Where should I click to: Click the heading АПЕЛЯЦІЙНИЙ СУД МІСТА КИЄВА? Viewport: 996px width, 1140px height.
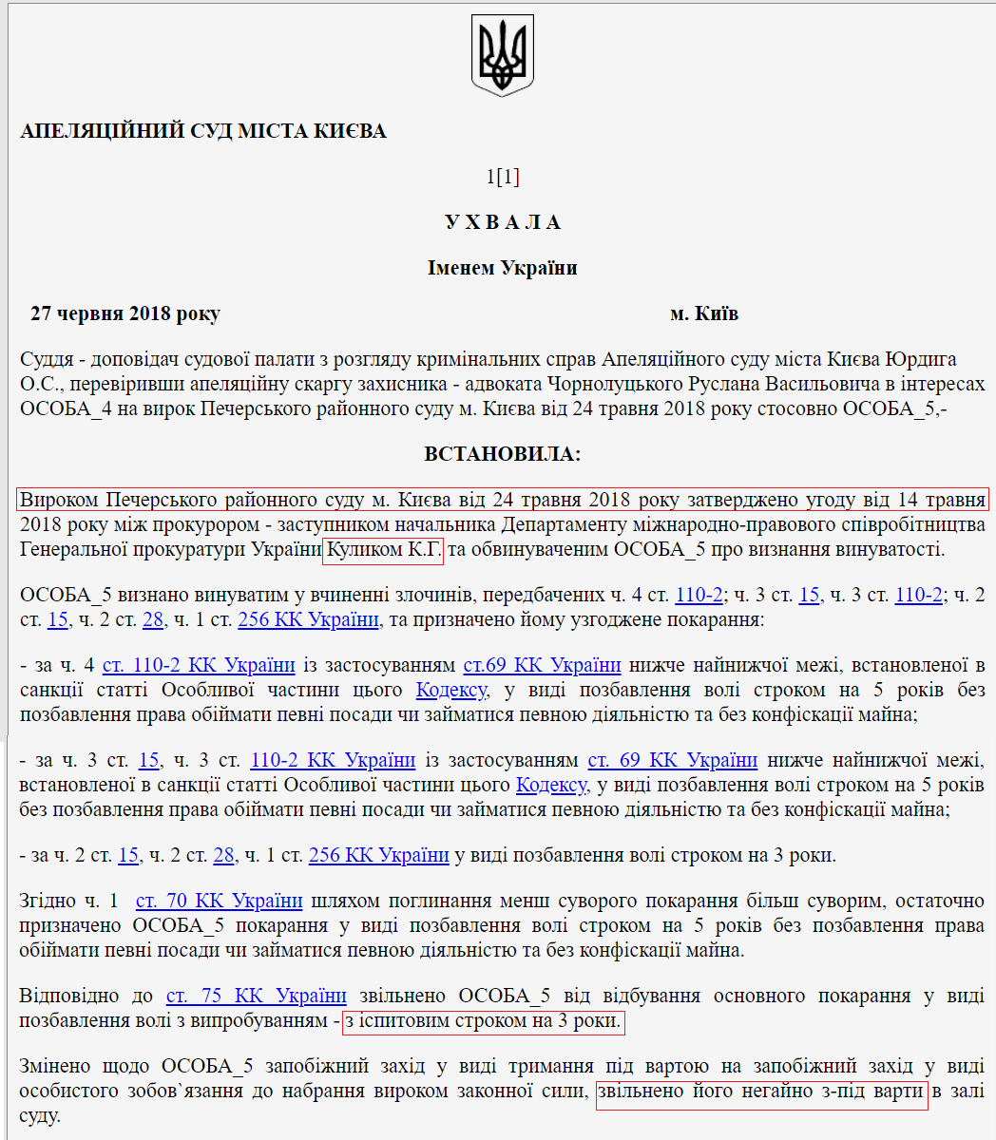(203, 131)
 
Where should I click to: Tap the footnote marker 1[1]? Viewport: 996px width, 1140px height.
(502, 177)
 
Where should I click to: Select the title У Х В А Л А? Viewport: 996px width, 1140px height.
(502, 222)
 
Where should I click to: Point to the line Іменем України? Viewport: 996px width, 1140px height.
(502, 268)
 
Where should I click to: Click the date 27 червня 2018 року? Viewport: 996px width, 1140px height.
(125, 313)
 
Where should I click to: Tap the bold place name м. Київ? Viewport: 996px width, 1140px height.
(703, 313)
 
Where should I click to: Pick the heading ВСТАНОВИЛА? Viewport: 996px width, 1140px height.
(502, 454)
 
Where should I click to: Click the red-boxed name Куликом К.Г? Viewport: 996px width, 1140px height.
(383, 550)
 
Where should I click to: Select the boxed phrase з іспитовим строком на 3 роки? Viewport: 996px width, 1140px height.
(483, 1022)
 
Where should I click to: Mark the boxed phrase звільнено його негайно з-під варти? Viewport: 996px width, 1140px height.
(761, 1092)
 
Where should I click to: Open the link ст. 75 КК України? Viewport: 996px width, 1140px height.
(256, 996)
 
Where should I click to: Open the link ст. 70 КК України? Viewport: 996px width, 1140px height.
(219, 901)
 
